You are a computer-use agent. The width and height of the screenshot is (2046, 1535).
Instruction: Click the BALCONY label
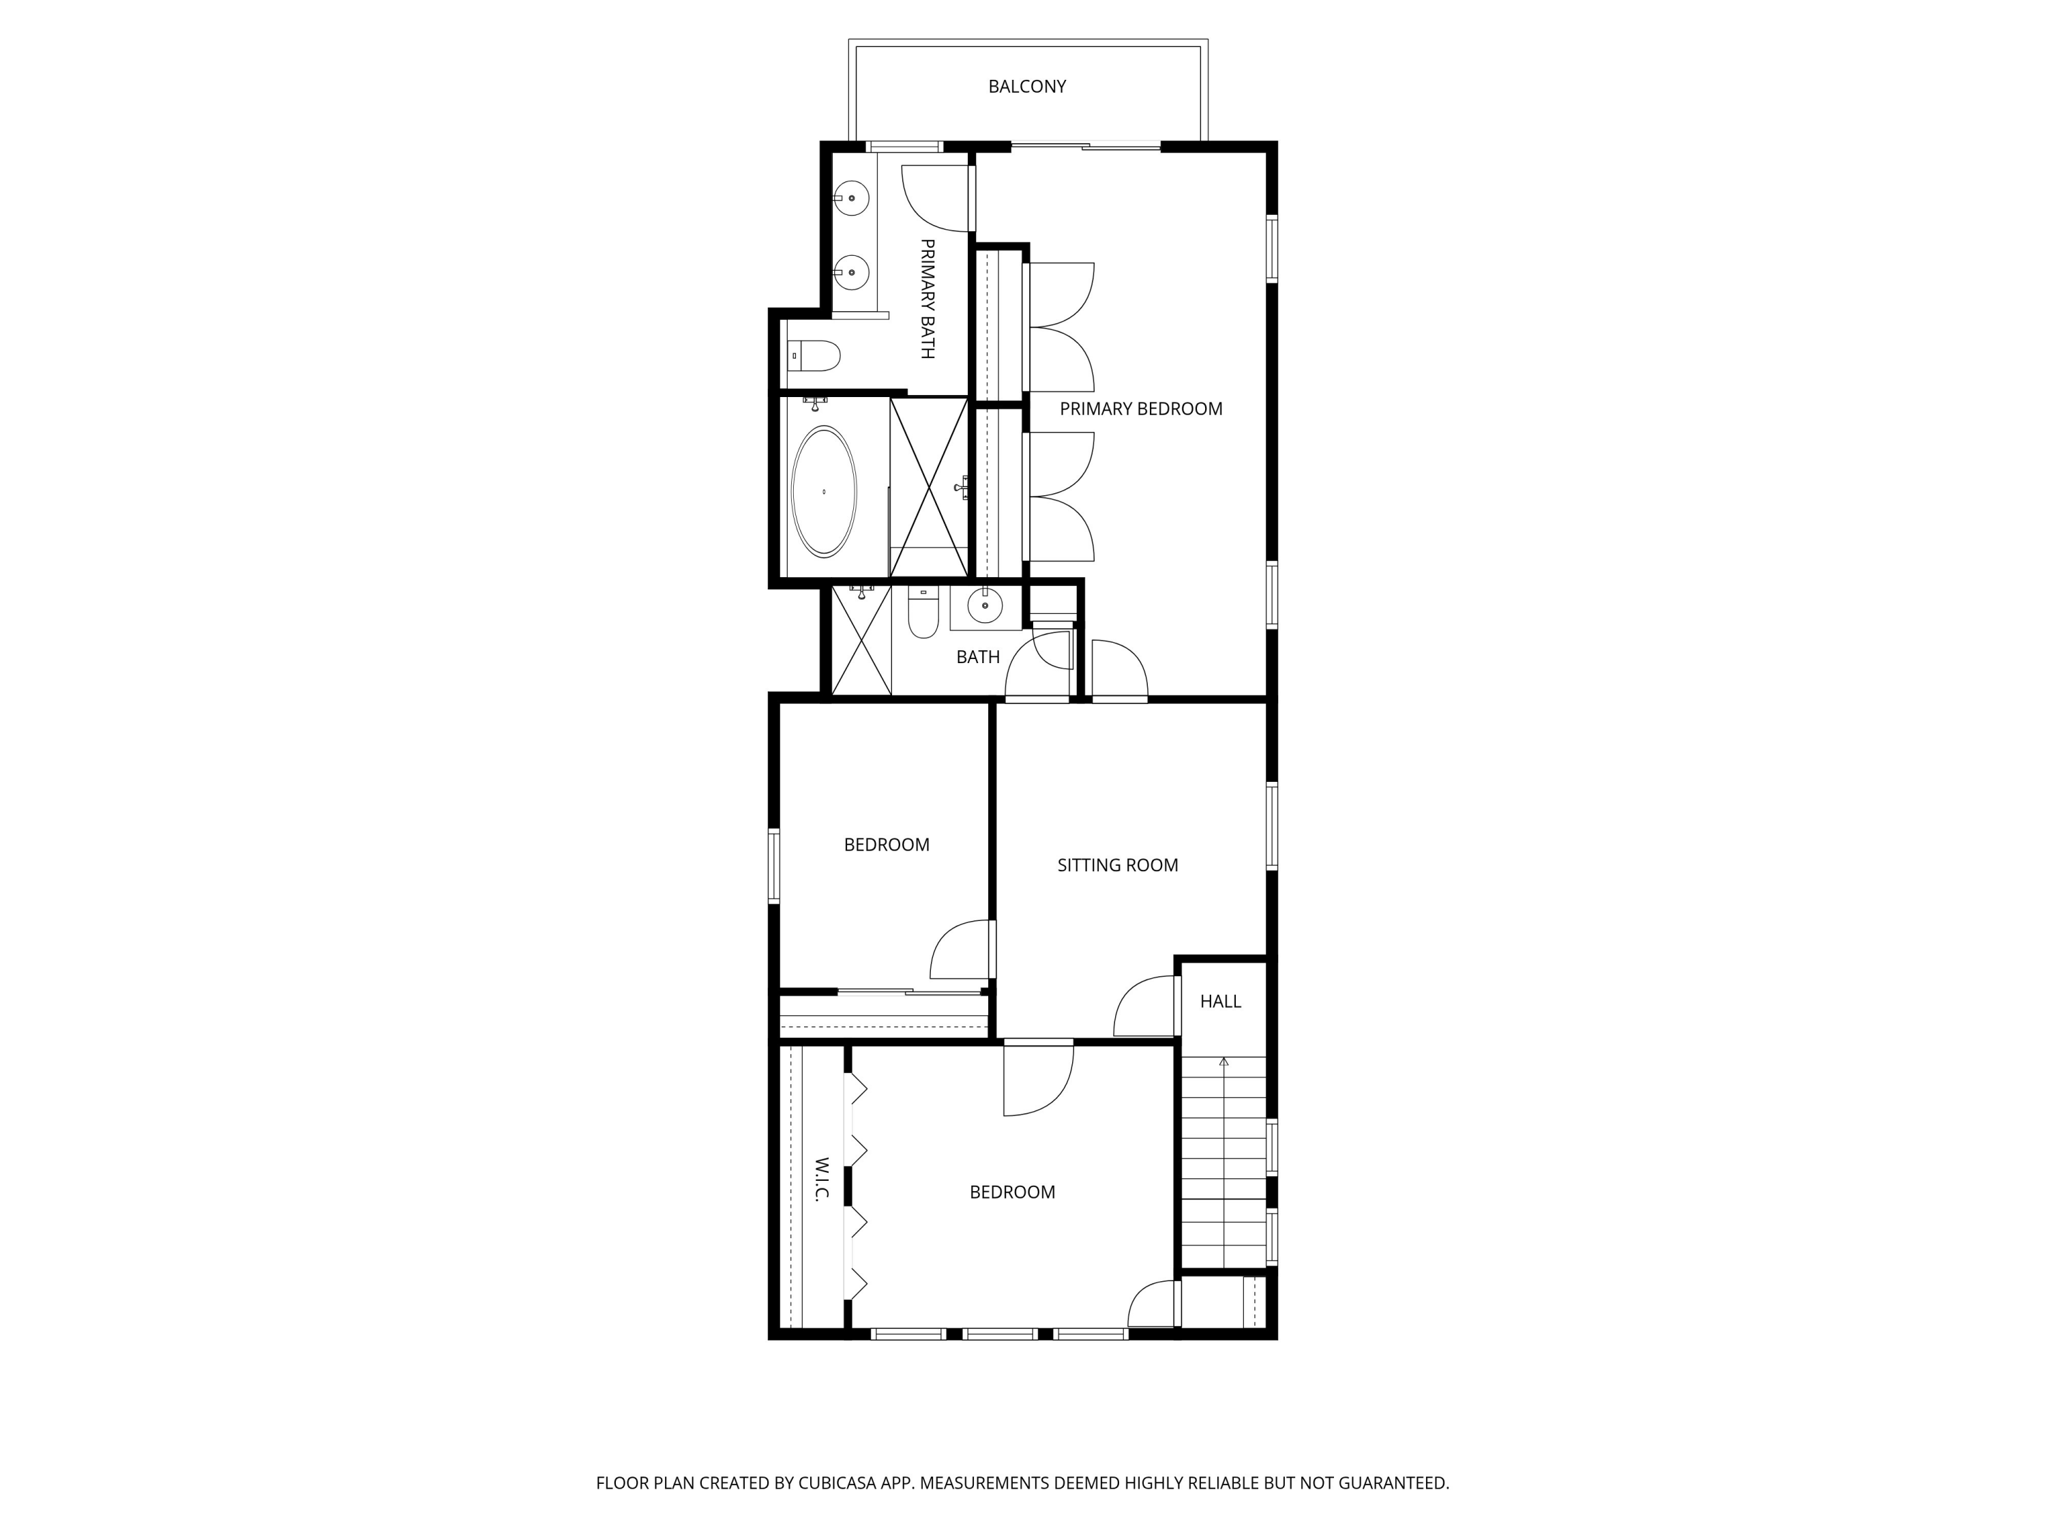click(1026, 86)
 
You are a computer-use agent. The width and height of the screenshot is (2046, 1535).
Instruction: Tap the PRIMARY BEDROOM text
click(1140, 409)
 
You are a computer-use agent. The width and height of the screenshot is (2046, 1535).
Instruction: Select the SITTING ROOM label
click(1117, 865)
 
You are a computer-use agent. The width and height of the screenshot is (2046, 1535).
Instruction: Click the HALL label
click(1220, 1001)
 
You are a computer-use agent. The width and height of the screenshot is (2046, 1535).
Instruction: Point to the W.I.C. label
click(820, 1179)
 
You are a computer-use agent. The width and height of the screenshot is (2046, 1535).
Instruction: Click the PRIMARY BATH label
click(927, 298)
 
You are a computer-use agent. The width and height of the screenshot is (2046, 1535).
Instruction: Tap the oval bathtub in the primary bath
click(824, 491)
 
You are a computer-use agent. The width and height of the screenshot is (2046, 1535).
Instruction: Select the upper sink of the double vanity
click(851, 198)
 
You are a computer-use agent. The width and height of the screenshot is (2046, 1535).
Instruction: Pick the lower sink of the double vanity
click(851, 273)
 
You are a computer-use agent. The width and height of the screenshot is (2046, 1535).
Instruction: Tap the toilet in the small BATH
click(922, 615)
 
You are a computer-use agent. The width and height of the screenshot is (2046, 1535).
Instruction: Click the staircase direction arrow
click(1224, 1062)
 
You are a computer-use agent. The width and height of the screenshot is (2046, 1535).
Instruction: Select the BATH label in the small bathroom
click(978, 657)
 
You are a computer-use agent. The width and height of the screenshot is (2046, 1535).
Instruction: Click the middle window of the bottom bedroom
click(999, 1333)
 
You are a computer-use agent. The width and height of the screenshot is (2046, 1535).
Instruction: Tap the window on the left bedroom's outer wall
click(774, 865)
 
